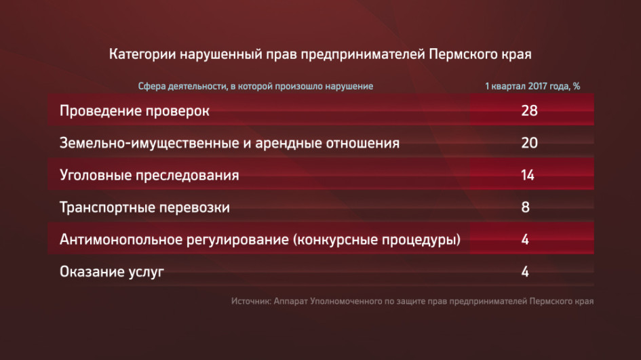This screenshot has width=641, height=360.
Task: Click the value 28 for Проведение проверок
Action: pos(529,111)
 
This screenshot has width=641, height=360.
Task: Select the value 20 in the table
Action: pos(529,142)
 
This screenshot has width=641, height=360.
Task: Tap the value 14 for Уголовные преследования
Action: pos(528,175)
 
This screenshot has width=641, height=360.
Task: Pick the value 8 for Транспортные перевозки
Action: pos(525,207)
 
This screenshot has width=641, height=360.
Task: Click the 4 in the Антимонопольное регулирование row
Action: pos(525,239)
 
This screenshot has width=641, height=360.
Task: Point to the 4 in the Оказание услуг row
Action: pos(525,271)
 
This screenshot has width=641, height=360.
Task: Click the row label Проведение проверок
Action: pos(134,111)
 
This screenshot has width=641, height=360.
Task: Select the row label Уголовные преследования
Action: pos(149,176)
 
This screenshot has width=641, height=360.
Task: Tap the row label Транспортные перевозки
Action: pos(144,207)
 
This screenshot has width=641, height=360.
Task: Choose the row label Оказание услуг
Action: pos(112,272)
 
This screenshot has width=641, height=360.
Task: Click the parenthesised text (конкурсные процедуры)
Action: pos(376,239)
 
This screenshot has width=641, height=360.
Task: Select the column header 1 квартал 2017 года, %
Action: pos(532,86)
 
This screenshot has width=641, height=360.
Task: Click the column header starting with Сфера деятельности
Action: pos(256,86)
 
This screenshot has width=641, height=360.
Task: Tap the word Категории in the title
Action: pos(142,54)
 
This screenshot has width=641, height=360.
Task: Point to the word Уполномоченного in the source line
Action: pos(346,302)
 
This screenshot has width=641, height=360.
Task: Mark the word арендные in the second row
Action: pos(288,144)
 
